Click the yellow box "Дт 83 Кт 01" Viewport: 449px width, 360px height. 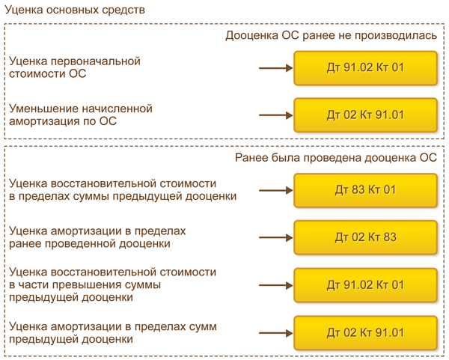coord(365,190)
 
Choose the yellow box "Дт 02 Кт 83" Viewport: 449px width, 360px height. coord(365,237)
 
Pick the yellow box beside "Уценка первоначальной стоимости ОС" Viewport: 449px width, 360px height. coord(365,68)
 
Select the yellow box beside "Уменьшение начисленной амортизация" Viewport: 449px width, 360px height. coord(365,115)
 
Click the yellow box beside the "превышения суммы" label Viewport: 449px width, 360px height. coord(365,285)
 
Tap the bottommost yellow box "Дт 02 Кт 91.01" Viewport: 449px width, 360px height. coord(365,332)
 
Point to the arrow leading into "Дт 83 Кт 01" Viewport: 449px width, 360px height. coord(275,190)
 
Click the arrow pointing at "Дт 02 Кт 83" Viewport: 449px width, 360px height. coord(275,237)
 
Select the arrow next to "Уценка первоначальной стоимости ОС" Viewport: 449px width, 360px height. coord(275,68)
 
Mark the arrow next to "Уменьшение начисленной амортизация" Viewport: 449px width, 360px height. coord(275,115)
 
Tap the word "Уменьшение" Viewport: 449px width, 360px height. coord(44,109)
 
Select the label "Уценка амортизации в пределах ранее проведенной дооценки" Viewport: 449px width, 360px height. coord(98,237)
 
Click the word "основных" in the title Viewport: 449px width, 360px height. coord(77,11)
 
